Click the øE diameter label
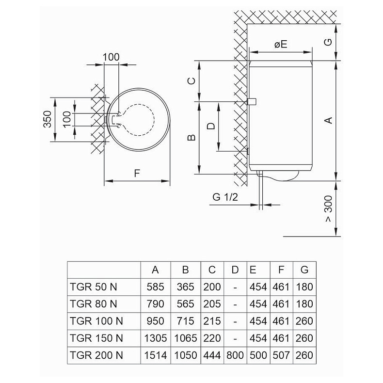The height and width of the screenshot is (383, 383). pyautogui.click(x=281, y=44)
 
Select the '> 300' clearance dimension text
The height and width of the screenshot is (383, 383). pyautogui.click(x=329, y=209)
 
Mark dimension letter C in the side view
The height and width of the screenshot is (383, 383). pyautogui.click(x=191, y=81)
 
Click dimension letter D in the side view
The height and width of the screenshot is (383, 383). pyautogui.click(x=211, y=126)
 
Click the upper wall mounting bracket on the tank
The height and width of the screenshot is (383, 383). pyautogui.click(x=251, y=102)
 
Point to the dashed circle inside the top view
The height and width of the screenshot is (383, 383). pyautogui.click(x=137, y=119)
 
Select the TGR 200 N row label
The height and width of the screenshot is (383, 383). pyautogui.click(x=94, y=355)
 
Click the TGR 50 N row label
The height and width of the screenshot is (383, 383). pyautogui.click(x=92, y=287)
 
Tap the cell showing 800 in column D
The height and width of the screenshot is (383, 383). pyautogui.click(x=235, y=355)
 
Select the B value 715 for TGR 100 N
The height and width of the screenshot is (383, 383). pyautogui.click(x=185, y=321)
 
